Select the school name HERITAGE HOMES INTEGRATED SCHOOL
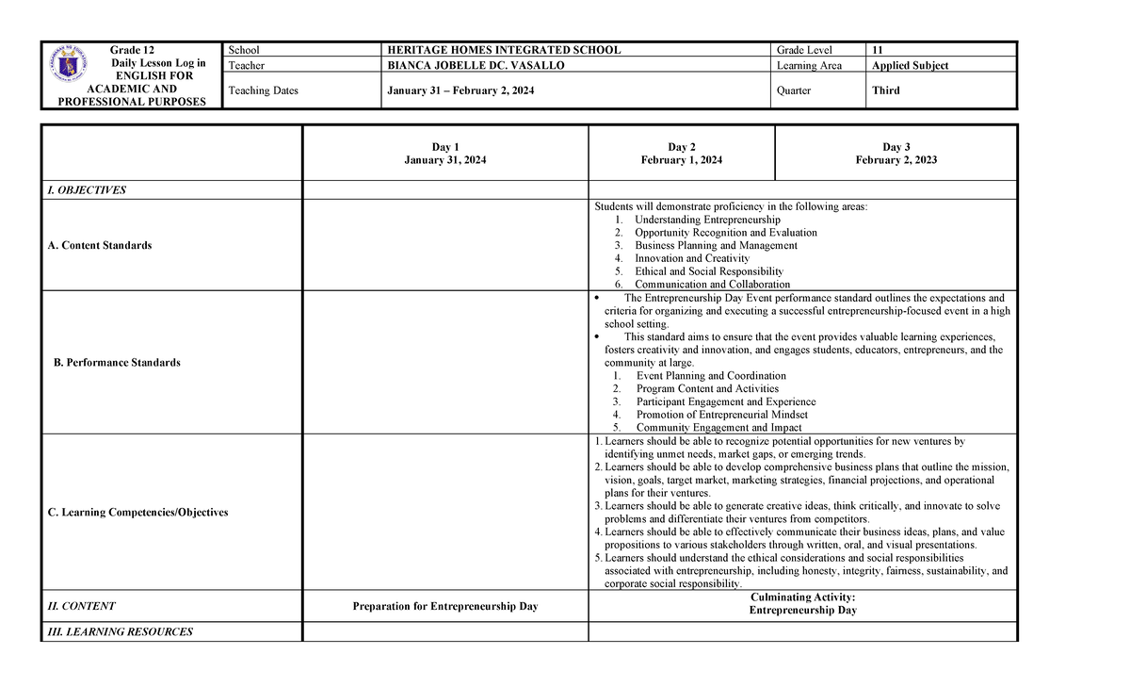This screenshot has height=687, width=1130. [504, 50]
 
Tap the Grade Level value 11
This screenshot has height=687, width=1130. [878, 50]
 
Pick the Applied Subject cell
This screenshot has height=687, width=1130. [910, 66]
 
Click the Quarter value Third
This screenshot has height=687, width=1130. [885, 90]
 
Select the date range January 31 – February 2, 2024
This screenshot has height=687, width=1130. [460, 90]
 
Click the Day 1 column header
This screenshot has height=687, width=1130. [444, 147]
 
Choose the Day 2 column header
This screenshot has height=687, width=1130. [681, 147]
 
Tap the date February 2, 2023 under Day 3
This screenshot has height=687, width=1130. [896, 160]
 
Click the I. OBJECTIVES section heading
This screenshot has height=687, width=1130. [87, 190]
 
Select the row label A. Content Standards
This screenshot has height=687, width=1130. [99, 245]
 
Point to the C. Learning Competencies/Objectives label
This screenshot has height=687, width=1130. [137, 513]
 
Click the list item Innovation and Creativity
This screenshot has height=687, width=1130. [691, 258]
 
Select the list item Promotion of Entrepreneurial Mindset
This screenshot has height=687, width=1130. [721, 415]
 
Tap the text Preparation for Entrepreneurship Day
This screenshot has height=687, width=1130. [444, 607]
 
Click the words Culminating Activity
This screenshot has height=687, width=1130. [802, 597]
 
